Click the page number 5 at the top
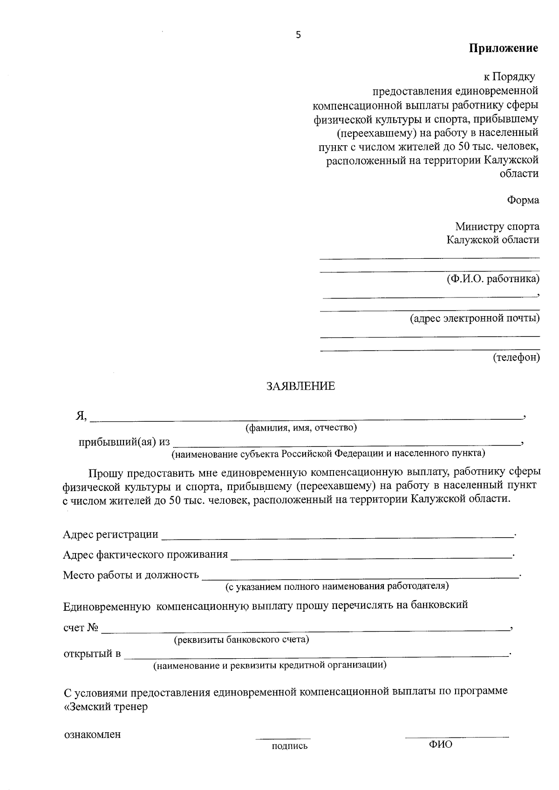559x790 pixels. pyautogui.click(x=298, y=35)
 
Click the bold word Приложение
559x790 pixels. pyautogui.click(x=503, y=48)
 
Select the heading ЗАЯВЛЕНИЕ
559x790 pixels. pyautogui.click(x=300, y=386)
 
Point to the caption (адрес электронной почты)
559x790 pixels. pyautogui.click(x=475, y=318)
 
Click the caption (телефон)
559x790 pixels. pyautogui.click(x=516, y=358)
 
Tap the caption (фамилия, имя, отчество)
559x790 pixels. pyautogui.click(x=301, y=427)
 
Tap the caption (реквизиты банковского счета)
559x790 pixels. pyautogui.click(x=241, y=640)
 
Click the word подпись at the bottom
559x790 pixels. pyautogui.click(x=290, y=747)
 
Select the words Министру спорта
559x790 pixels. pyautogui.click(x=497, y=227)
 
